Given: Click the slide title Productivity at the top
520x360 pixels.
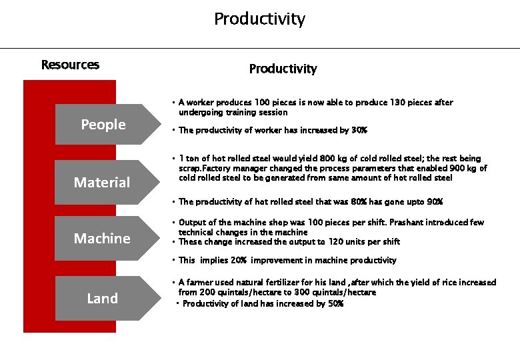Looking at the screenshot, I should (259, 19).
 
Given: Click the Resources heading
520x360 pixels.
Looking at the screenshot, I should (70, 65).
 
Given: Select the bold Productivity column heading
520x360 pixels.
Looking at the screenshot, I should (283, 69).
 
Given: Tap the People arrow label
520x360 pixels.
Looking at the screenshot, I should (103, 125).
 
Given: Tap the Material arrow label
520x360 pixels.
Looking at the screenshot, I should (102, 183).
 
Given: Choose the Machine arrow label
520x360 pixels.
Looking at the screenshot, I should (102, 239).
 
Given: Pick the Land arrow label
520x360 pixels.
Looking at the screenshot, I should (102, 299).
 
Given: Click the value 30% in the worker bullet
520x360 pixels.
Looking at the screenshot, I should (359, 131).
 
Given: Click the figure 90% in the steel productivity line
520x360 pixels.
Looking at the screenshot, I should (434, 202).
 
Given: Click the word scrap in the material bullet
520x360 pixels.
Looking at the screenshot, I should (189, 169).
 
